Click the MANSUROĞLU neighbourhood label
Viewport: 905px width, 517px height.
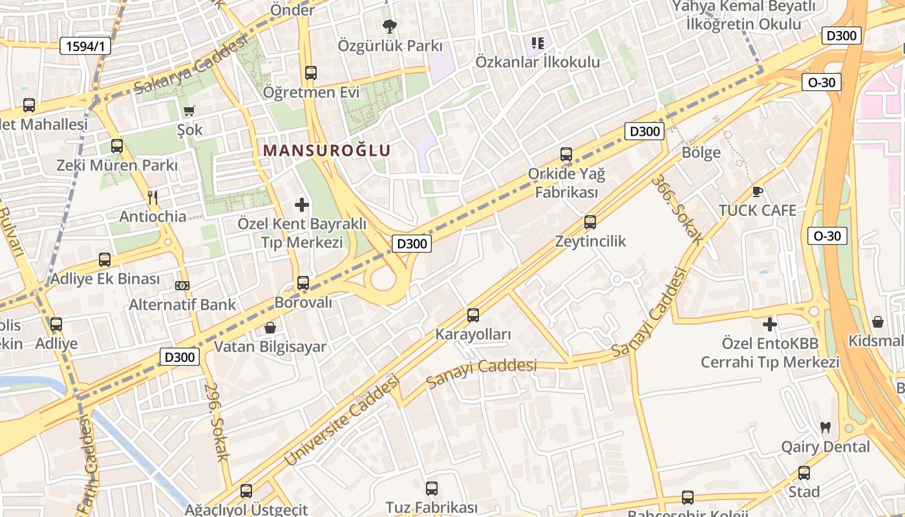point(326,151)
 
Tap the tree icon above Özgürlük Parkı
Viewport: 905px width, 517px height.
point(389,26)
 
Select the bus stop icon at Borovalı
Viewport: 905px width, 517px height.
point(303,283)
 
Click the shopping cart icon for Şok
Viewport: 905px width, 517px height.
point(189,111)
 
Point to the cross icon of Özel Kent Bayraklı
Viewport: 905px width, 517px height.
point(301,206)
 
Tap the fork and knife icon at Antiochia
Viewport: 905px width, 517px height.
point(153,197)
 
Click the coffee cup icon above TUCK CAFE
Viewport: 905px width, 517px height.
point(758,191)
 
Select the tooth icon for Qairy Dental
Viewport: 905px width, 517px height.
point(825,427)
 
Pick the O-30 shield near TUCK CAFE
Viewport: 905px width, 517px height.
point(827,236)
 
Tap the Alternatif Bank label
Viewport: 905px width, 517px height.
point(183,304)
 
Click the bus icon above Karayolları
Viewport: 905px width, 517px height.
point(473,315)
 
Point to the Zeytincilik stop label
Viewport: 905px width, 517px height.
point(590,241)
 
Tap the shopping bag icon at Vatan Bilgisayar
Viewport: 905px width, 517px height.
point(270,328)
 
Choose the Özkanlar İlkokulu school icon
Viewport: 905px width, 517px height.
point(537,43)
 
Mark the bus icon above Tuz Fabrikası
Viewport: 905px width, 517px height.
point(432,489)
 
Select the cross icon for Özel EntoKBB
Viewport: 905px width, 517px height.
point(769,324)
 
